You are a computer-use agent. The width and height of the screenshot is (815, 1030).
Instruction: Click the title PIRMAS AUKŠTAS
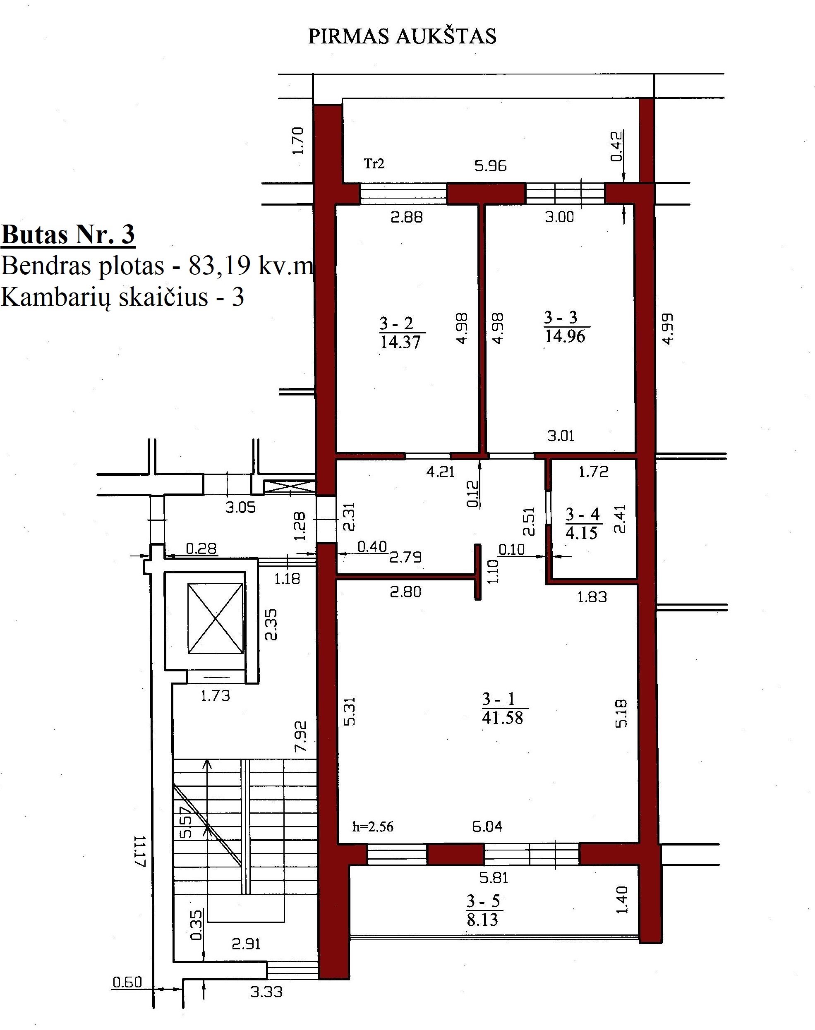click(402, 36)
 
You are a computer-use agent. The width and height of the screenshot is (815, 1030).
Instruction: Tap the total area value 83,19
click(220, 265)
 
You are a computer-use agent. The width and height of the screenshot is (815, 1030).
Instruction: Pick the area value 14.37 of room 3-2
click(400, 342)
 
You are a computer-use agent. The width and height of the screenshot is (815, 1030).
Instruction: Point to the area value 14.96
click(565, 336)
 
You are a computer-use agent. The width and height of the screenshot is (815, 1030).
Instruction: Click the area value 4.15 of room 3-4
click(582, 533)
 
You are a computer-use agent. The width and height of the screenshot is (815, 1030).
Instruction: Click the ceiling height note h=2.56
click(373, 827)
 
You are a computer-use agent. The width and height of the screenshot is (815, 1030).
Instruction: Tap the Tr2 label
click(374, 164)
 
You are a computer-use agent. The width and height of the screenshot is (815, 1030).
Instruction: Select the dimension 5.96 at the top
click(491, 165)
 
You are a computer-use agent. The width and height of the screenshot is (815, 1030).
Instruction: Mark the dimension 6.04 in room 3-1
click(487, 826)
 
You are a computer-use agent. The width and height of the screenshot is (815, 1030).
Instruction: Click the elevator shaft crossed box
click(216, 618)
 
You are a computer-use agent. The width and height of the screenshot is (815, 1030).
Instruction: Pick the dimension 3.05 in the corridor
click(240, 507)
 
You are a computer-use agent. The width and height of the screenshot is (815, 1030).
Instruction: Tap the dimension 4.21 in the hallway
click(441, 472)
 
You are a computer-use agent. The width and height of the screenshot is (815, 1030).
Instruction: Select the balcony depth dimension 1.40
click(622, 900)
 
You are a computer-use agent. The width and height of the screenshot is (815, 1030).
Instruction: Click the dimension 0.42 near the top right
click(617, 146)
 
